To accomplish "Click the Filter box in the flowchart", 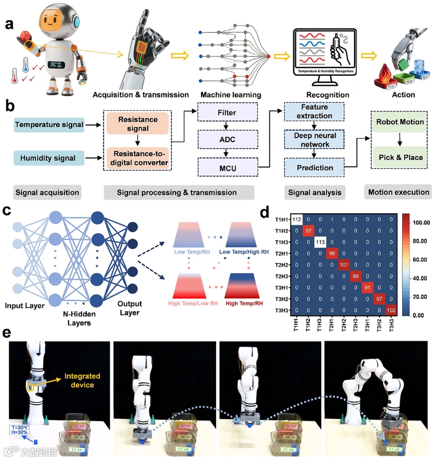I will (227, 112).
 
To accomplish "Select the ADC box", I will (227, 140).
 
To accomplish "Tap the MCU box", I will (227, 168).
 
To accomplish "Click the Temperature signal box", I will (49, 125).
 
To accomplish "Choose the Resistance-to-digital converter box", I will (138, 158).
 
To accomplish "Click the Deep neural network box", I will (315, 140).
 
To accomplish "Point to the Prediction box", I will (315, 167).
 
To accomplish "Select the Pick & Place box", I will (400, 157).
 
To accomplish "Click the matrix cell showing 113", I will (320, 242).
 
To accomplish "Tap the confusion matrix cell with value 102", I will (391, 310).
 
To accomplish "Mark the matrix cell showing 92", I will (308, 231).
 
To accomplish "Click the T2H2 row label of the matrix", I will (282, 265).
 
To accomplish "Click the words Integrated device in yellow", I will (82, 381).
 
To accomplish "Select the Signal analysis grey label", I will (314, 193).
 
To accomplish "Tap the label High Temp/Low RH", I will (193, 303).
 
